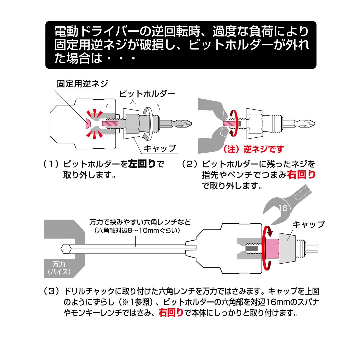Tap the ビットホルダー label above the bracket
[147, 94]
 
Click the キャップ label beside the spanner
[308, 224]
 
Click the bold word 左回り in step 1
[142, 164]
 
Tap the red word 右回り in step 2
[301, 175]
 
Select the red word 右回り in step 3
[171, 313]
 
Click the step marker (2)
[190, 164]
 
